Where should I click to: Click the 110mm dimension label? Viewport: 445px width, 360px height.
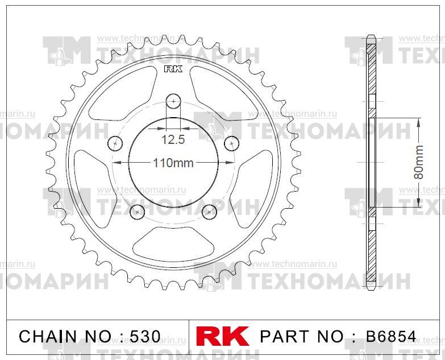pos(173,163)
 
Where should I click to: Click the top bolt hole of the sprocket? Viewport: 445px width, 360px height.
pos(173,102)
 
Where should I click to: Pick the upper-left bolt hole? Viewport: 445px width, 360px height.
pos(115,143)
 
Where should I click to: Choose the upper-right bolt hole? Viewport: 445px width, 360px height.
pos(231,143)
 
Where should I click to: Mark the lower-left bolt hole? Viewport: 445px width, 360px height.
pos(138,212)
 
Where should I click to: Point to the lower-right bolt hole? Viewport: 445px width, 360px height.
pos(210,212)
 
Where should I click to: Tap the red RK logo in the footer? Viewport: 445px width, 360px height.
pos(222,336)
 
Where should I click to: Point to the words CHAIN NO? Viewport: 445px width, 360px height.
pos(63,336)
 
